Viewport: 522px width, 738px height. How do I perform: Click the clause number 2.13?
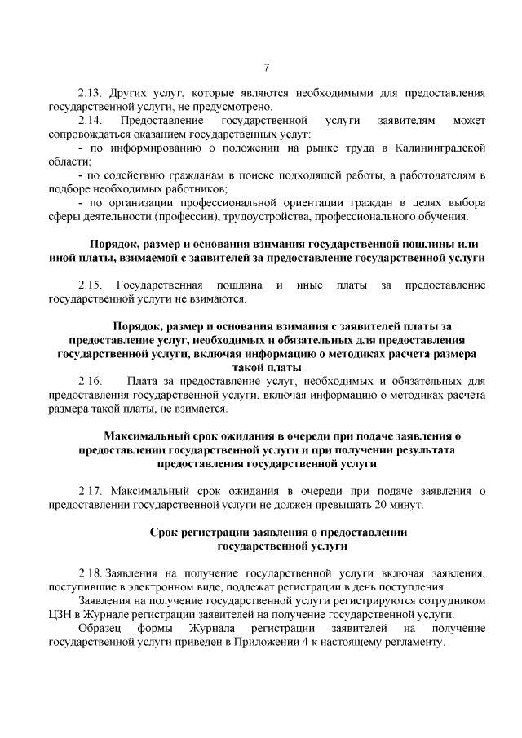(x=90, y=93)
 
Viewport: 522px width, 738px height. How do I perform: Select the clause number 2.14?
(x=90, y=120)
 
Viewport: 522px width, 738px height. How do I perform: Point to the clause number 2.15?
(x=90, y=285)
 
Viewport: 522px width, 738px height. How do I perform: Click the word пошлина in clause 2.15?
(x=240, y=285)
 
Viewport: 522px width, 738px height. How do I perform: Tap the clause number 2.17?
(x=90, y=491)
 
